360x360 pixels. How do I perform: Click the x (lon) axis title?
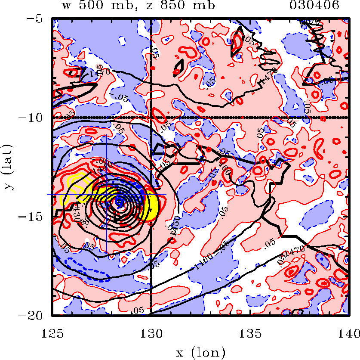(200, 353)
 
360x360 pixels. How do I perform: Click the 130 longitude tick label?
(151, 332)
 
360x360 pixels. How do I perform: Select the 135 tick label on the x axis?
(249, 332)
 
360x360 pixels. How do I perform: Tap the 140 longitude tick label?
(348, 332)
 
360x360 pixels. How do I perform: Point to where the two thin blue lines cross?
(107, 194)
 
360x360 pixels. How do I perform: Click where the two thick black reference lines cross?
(151, 117)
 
